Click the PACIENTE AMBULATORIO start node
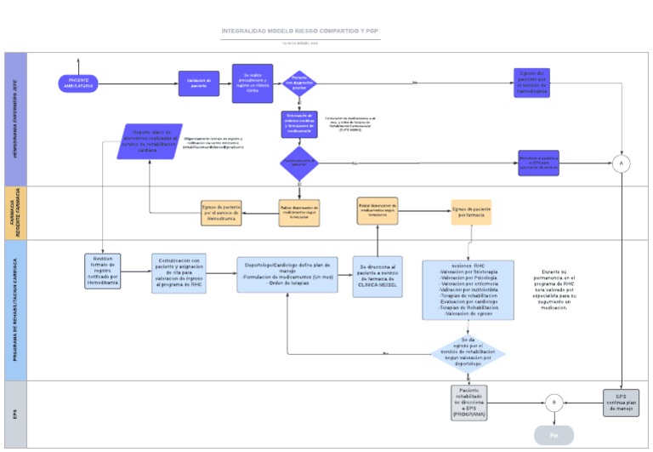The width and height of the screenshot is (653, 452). [x=78, y=83]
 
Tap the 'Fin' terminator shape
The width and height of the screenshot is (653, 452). [x=554, y=435]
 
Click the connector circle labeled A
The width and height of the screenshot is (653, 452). [x=622, y=163]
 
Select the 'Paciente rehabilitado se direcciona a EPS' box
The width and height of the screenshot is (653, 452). [x=469, y=402]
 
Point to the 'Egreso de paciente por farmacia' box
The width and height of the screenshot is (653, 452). [x=471, y=212]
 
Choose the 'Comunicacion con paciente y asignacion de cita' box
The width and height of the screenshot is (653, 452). [x=185, y=273]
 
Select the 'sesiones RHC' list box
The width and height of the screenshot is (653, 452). [x=468, y=289]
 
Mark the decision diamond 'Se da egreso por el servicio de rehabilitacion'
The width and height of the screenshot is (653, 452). [x=468, y=352]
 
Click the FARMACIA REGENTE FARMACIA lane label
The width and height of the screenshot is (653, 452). [x=15, y=213]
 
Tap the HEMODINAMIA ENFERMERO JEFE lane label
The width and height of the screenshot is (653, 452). [x=15, y=119]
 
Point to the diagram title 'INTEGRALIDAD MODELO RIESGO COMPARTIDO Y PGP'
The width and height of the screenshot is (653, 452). [x=301, y=31]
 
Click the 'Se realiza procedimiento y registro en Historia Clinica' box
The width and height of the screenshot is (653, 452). [x=251, y=83]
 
